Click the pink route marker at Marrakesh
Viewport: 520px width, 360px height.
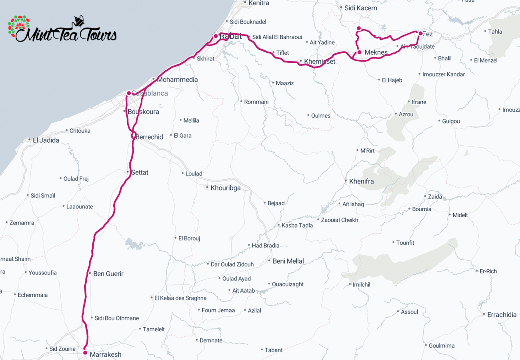85,353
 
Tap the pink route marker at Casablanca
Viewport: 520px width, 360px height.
129,93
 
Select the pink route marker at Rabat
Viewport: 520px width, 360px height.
216,36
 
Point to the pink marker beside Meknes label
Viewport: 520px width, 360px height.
360,52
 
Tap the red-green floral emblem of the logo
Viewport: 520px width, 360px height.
19,28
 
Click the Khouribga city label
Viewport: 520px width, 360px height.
226,188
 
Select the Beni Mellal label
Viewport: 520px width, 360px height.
288,261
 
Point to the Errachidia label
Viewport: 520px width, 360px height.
502,315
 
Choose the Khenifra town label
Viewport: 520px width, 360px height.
361,181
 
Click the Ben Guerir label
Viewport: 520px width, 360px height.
108,274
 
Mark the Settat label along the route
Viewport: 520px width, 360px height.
140,172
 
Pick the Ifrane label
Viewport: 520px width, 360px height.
419,102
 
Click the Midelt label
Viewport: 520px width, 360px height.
460,215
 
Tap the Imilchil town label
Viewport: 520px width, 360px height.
361,285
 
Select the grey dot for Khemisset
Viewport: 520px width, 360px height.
301,61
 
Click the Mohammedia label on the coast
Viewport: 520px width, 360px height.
177,80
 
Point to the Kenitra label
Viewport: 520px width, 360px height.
258,3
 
